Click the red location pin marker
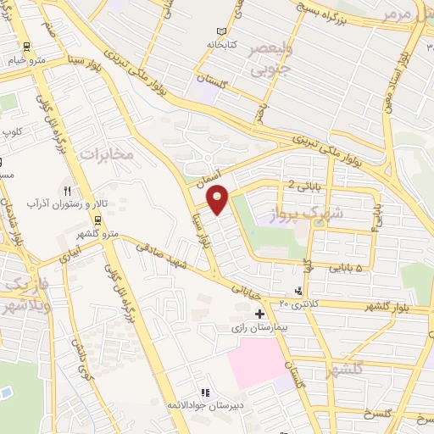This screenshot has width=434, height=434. pyautogui.click(x=218, y=199)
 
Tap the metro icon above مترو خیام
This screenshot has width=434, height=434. pyautogui.click(x=27, y=47)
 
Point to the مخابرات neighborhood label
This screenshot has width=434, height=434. pyautogui.click(x=106, y=155)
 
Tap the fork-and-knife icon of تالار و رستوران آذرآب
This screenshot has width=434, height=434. pyautogui.click(x=70, y=191)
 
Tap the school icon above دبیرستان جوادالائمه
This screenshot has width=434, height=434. pyautogui.click(x=204, y=392)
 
